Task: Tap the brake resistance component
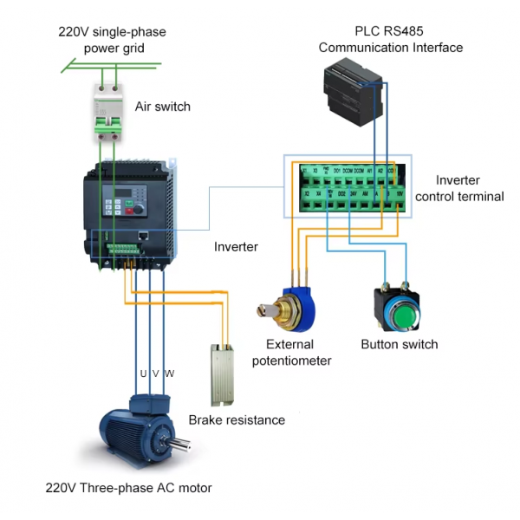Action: (224, 375)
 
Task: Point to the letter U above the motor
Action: (144, 374)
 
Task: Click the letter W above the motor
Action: (169, 374)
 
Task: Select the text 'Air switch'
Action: (162, 107)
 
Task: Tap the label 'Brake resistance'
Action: (237, 420)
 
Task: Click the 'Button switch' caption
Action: (399, 345)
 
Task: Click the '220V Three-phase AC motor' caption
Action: (128, 488)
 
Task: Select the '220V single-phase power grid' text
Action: (113, 40)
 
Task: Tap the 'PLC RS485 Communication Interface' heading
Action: (390, 40)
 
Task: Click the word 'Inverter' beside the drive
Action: (236, 247)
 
